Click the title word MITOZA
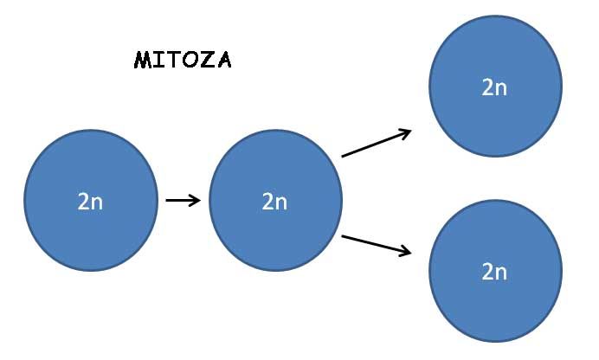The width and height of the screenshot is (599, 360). [x=183, y=61]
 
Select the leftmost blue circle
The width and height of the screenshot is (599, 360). [x=90, y=201]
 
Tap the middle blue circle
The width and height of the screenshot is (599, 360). [x=274, y=201]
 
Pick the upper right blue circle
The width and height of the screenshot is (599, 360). [x=494, y=87]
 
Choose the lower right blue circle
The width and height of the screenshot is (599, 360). [x=494, y=271]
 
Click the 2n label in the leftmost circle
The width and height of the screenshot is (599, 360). [x=90, y=201]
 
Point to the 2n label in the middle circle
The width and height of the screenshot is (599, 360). [x=274, y=201]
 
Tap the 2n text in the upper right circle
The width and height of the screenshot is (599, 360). [x=494, y=87]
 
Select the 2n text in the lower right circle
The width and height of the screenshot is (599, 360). [x=494, y=271]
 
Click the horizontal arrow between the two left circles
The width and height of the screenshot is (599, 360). [x=183, y=201]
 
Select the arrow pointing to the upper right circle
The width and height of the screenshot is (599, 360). [x=377, y=144]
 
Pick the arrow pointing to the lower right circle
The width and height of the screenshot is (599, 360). [x=377, y=244]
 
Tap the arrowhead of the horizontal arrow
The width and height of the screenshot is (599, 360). [x=196, y=201]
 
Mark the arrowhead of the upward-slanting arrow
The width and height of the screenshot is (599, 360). [x=405, y=132]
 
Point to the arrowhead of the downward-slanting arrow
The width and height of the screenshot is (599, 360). [x=405, y=252]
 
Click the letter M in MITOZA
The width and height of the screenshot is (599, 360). [x=143, y=61]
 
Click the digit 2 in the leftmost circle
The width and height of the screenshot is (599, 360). [x=84, y=201]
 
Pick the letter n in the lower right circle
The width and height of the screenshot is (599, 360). [x=501, y=272]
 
